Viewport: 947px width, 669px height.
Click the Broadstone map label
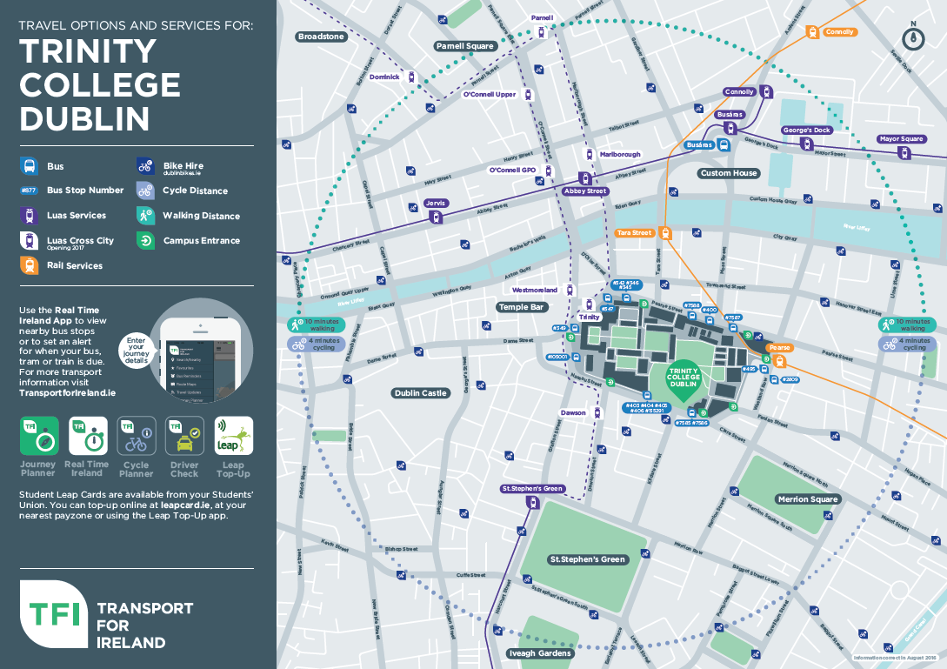point(322,37)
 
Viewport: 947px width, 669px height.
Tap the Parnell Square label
point(464,46)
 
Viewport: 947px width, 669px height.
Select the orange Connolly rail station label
point(840,32)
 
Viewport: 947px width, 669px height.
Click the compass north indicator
point(912,37)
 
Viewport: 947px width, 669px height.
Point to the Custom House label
point(729,173)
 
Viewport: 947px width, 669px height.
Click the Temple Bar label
point(520,307)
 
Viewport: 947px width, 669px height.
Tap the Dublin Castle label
point(420,393)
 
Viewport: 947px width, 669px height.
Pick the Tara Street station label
point(633,233)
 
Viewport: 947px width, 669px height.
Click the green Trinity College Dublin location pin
point(683,380)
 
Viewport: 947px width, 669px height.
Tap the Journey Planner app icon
point(39,436)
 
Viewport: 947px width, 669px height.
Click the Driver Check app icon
point(184,436)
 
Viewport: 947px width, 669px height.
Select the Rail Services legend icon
point(29,265)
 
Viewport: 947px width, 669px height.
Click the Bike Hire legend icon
point(145,165)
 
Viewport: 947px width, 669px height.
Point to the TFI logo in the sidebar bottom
point(54,612)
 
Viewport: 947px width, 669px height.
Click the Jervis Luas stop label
point(435,203)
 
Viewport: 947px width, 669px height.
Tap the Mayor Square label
point(901,139)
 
